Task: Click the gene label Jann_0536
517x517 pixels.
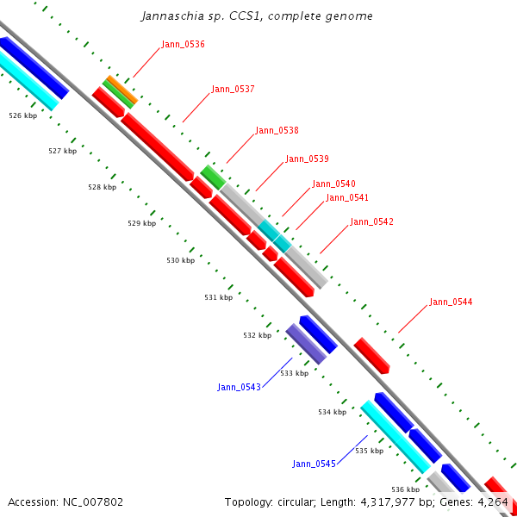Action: pos(183,44)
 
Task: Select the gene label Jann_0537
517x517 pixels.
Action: pos(233,89)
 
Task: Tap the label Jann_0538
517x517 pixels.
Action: pos(277,131)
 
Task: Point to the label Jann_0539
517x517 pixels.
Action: pos(307,159)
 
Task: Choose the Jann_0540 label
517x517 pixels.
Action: pos(333,184)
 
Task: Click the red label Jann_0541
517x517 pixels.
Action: pos(347,198)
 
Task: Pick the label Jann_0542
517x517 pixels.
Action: pos(371,222)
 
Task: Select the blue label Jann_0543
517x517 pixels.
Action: pos(239,387)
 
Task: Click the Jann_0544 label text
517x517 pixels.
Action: pos(451,302)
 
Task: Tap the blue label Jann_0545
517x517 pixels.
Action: pos(314,464)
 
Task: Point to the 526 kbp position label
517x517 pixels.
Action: pos(22,115)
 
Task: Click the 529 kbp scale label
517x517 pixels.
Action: pos(141,223)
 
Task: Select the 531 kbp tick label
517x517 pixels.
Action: pos(218,297)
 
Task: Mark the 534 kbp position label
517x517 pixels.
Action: pos(332,412)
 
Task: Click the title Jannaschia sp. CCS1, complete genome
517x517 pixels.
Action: pos(258,16)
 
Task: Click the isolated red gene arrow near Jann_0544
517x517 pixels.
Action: pos(371,355)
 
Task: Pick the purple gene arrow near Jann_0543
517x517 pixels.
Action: pos(306,344)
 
